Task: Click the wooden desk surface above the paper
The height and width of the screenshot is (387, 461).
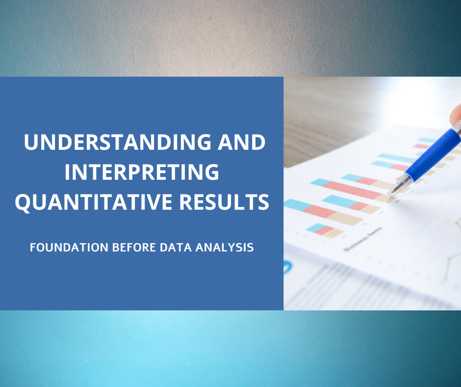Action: pos(333,113)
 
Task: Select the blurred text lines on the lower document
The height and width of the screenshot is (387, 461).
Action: pos(343,285)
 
